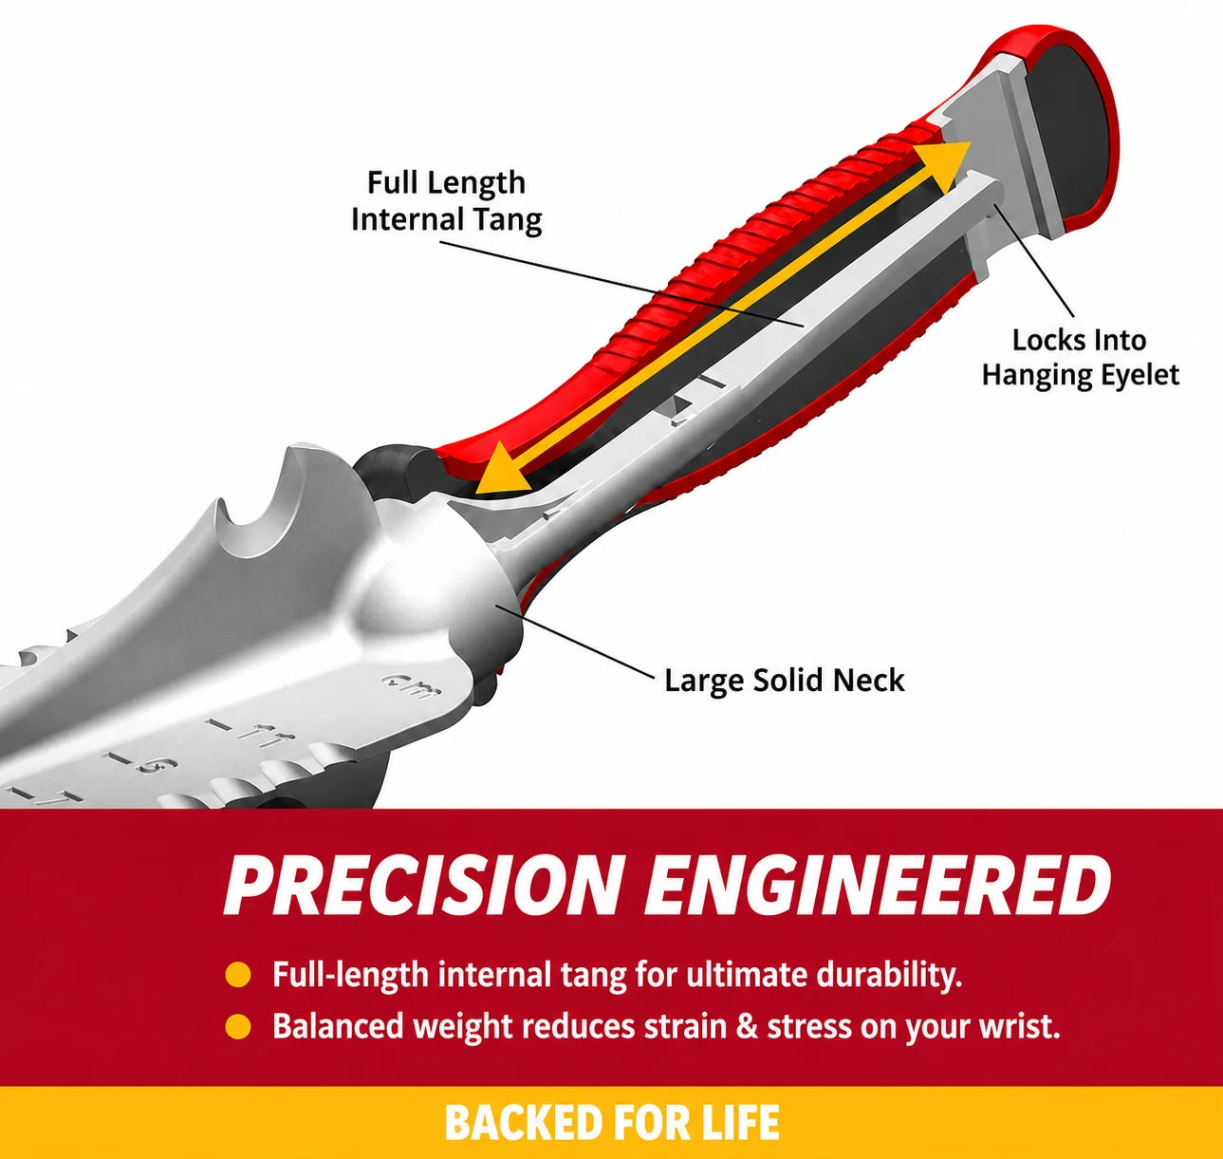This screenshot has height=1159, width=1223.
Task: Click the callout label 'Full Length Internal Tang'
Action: click(447, 201)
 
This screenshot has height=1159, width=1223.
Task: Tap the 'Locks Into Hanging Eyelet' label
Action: click(1081, 357)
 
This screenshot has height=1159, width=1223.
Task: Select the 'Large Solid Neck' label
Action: click(784, 681)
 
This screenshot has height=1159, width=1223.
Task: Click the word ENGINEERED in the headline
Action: click(878, 885)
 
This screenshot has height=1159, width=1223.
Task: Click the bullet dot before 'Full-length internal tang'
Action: click(237, 975)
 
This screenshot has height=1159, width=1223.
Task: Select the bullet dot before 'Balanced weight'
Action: click(237, 1026)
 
